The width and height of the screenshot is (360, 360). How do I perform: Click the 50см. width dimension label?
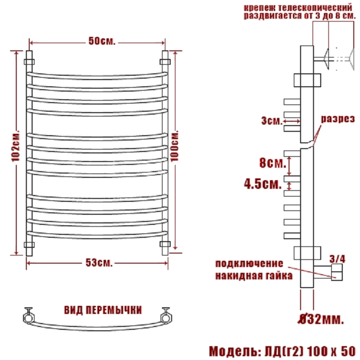102,41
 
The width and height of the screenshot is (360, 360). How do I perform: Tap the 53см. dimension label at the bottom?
99,263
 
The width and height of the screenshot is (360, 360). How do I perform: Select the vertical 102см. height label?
16,146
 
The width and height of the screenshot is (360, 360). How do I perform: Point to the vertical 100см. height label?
174,146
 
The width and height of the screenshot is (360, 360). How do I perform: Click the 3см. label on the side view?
272,120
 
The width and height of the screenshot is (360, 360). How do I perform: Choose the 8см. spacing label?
273,163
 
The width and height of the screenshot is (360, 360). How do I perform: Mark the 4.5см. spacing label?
263,184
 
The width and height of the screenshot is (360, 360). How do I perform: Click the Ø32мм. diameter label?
321,319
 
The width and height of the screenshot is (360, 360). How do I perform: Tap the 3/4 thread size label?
337,259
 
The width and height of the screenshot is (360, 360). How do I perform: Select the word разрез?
338,119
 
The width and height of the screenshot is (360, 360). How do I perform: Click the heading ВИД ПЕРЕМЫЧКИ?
103,310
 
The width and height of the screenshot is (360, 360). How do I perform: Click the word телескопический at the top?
315,8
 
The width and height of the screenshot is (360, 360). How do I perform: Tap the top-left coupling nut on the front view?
29,62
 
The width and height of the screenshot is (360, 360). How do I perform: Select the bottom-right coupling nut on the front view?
165,244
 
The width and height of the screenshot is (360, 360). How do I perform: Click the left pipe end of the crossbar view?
29,317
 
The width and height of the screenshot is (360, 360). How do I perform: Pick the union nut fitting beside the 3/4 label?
337,272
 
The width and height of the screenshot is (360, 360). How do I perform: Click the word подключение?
249,264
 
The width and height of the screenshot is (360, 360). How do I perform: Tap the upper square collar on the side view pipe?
307,80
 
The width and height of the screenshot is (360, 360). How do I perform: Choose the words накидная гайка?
254,276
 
